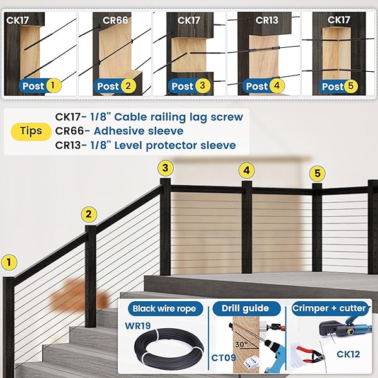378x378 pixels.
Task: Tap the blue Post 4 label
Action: (x=263, y=86)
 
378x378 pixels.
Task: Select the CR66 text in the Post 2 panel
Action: (x=115, y=20)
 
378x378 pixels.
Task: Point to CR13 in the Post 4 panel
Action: (x=266, y=20)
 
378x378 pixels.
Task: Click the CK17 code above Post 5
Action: (x=338, y=20)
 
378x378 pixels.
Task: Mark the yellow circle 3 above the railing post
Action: (x=165, y=168)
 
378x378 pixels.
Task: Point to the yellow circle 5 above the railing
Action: (x=318, y=173)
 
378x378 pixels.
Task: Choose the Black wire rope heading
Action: (x=168, y=309)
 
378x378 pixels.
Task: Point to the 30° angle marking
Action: (x=240, y=345)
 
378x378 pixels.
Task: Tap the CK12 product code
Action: (x=347, y=354)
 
